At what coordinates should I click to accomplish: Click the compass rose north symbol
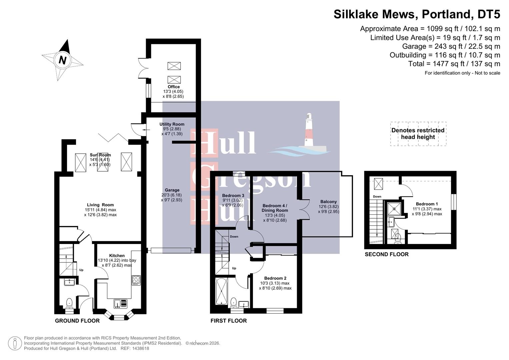click(x=62, y=60)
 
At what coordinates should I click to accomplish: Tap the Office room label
click(x=173, y=87)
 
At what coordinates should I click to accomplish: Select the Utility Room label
click(x=172, y=124)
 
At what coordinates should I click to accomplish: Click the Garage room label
click(x=172, y=190)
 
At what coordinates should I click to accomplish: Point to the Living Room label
click(x=100, y=205)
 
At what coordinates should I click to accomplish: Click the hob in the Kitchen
click(x=136, y=280)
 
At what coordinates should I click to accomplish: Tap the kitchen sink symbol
click(x=121, y=303)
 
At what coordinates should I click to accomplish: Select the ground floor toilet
click(x=69, y=303)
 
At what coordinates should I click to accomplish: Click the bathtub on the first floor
click(x=221, y=291)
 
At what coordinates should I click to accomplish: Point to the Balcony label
click(x=328, y=202)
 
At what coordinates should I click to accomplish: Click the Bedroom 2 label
click(x=275, y=278)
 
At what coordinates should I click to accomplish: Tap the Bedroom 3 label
click(x=233, y=196)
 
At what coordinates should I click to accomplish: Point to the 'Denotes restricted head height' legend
click(x=418, y=134)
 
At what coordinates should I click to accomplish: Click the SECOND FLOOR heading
click(x=386, y=254)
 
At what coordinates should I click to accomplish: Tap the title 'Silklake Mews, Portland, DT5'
click(x=417, y=14)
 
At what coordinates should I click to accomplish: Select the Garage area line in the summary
click(x=451, y=46)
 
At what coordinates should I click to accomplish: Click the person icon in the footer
click(x=15, y=343)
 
